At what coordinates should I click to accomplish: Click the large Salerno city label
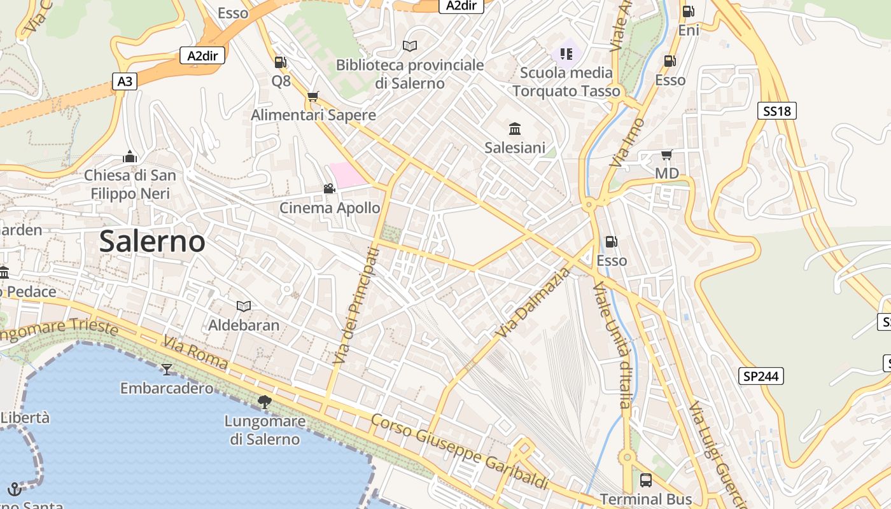(152, 242)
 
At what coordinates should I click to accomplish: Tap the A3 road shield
(125, 81)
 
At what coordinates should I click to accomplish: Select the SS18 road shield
(777, 111)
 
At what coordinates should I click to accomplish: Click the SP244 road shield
(761, 376)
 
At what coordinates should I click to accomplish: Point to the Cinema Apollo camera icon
(329, 189)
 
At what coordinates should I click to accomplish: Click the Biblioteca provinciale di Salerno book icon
(410, 46)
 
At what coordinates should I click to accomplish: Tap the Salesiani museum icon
(515, 129)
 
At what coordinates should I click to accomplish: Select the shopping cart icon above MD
(666, 155)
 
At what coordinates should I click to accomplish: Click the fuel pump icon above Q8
(280, 62)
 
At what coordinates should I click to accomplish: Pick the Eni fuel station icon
(688, 11)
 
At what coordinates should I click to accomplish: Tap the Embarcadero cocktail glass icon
(166, 369)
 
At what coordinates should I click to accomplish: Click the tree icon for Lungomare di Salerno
(264, 401)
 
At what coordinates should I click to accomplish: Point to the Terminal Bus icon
(645, 480)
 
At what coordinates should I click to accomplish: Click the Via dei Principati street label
(354, 307)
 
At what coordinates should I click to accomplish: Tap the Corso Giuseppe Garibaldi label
(459, 452)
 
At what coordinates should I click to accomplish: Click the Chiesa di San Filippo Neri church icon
(130, 157)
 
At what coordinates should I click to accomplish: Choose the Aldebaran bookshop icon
(243, 307)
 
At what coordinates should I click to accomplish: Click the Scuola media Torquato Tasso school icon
(566, 53)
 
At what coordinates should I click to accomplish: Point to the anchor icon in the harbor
(14, 489)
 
